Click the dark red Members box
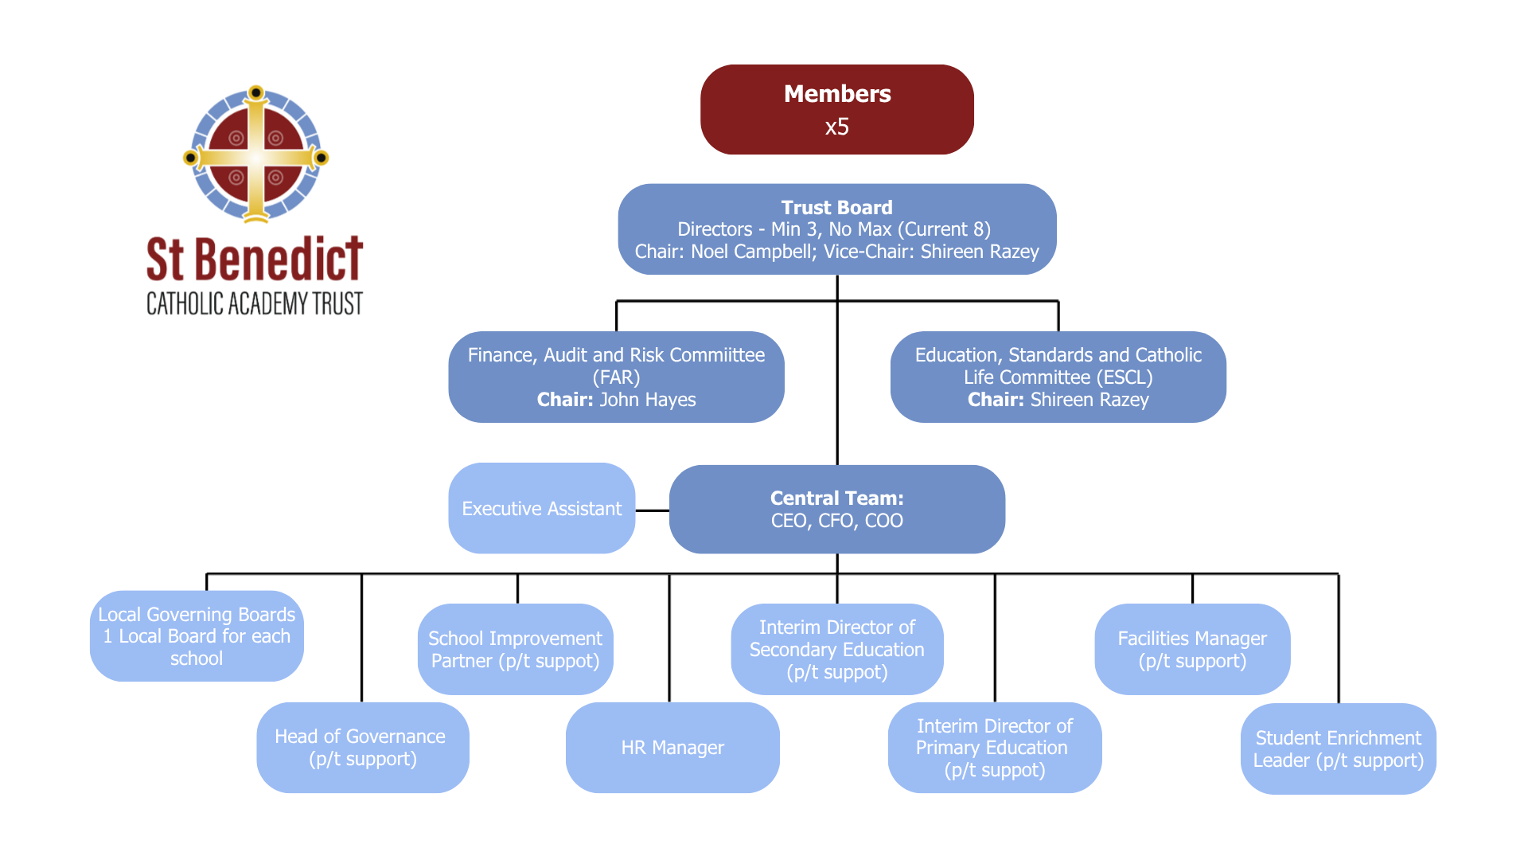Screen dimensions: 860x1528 pyautogui.click(x=836, y=110)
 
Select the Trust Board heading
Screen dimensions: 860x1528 pyautogui.click(x=836, y=208)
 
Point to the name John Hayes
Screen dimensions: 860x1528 pyautogui.click(x=647, y=400)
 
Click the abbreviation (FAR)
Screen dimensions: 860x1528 pyautogui.click(x=616, y=377)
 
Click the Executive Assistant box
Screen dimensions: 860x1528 pyautogui.click(x=541, y=509)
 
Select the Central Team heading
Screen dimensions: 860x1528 pyautogui.click(x=836, y=498)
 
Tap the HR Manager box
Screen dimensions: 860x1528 pyautogui.click(x=672, y=748)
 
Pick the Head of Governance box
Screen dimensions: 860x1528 pyautogui.click(x=362, y=748)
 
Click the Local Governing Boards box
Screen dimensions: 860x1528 pyautogui.click(x=197, y=636)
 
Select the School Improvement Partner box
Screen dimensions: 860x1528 pyautogui.click(x=515, y=650)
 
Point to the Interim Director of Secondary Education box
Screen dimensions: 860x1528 pyautogui.click(x=836, y=650)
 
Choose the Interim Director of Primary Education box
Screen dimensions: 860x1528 pyautogui.click(x=994, y=748)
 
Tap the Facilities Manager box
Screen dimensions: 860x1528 pyautogui.click(x=1191, y=650)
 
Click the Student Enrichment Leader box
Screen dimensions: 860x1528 pyautogui.click(x=1338, y=749)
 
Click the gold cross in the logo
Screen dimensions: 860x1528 pyautogui.click(x=255, y=156)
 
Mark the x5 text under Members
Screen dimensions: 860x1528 pyautogui.click(x=836, y=127)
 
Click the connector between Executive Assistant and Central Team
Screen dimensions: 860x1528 pyautogui.click(x=653, y=510)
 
